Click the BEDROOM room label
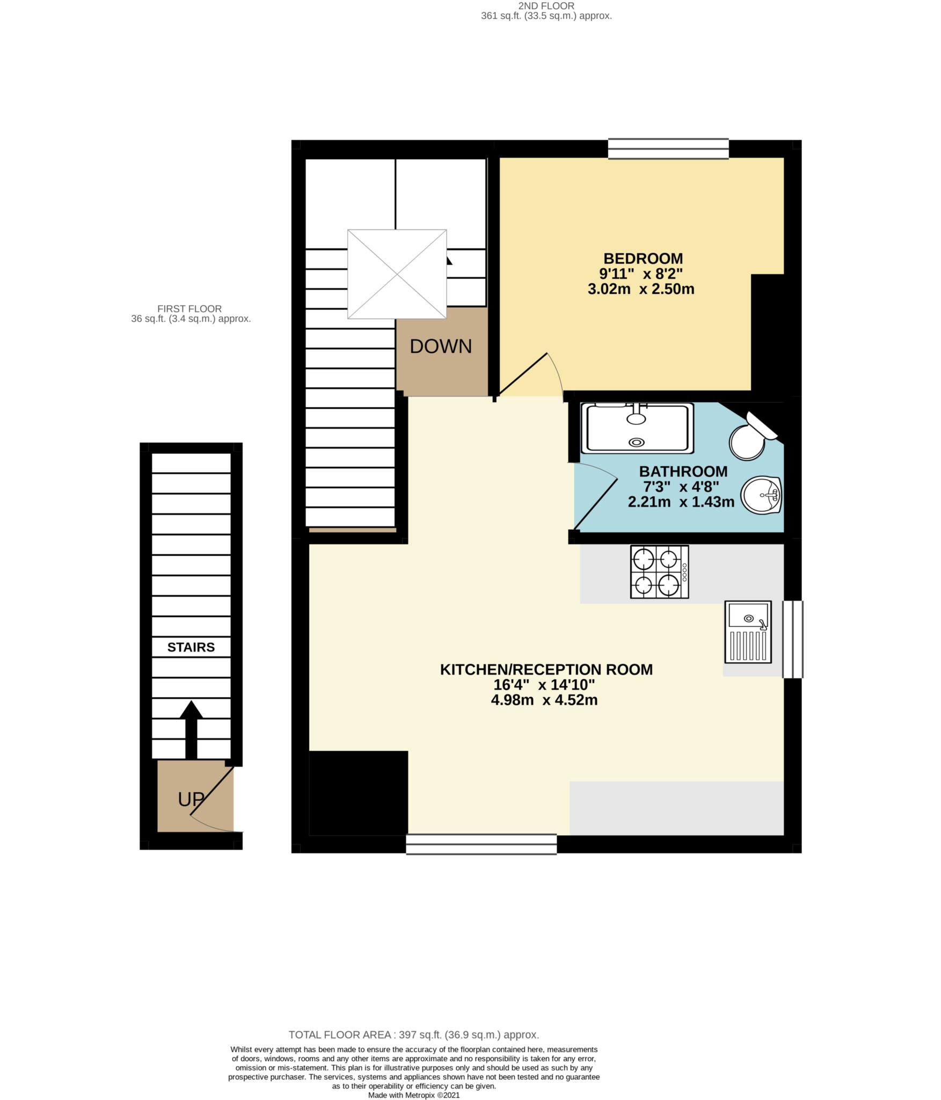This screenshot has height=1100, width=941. (x=643, y=258)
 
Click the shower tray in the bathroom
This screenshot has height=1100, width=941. (x=637, y=428)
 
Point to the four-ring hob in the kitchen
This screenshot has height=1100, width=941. (x=659, y=571)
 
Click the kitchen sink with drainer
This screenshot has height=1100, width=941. (x=748, y=631)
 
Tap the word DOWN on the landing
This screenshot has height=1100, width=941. (x=441, y=346)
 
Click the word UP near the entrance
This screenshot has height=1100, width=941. (x=191, y=799)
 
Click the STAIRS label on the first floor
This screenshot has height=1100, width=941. (x=191, y=647)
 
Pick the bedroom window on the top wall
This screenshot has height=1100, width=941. (x=668, y=149)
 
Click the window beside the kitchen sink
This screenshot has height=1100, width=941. (x=792, y=639)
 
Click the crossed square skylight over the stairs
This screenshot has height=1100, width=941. (x=397, y=274)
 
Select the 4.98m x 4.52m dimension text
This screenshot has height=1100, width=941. (x=544, y=700)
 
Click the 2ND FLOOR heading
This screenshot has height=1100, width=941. (x=546, y=6)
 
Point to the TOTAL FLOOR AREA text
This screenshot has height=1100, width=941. (x=413, y=1034)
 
